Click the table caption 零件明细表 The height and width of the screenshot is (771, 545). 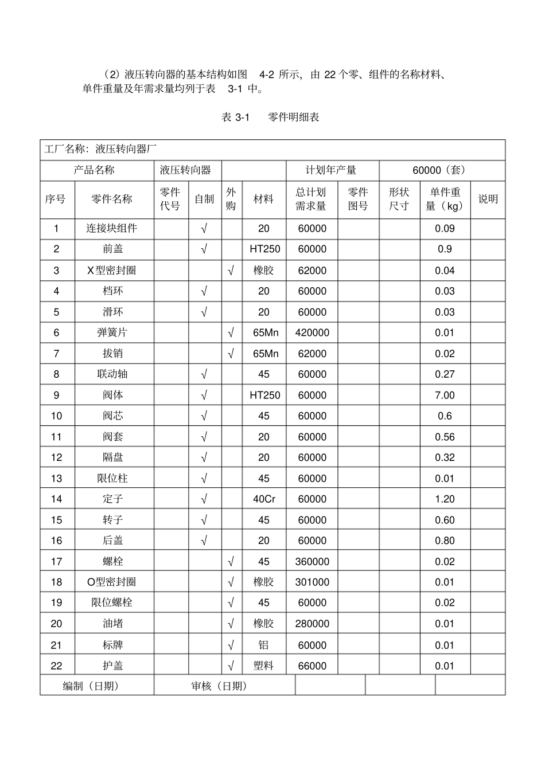(293, 117)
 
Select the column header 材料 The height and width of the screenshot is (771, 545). (263, 199)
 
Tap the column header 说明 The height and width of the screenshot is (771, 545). (488, 199)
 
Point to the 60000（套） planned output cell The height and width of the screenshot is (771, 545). (442, 170)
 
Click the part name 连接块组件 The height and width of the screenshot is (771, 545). (112, 228)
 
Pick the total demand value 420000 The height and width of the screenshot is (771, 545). (312, 332)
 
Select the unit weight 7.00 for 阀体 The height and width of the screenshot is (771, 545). (445, 395)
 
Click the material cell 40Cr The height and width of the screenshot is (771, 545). (264, 499)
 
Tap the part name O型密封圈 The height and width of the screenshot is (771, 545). (112, 582)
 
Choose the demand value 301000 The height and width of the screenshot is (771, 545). (312, 582)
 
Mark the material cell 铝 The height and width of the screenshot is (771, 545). (263, 645)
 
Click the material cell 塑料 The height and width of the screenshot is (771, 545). (263, 666)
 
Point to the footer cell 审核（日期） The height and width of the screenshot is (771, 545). (219, 686)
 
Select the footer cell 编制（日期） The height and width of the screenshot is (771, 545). (91, 686)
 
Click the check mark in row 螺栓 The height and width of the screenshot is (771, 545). (231, 561)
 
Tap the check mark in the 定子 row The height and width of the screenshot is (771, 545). (204, 499)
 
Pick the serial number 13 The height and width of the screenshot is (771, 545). (56, 478)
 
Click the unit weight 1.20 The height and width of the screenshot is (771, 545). (445, 499)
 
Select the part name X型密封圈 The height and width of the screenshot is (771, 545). (112, 270)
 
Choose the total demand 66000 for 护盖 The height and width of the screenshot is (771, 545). (312, 666)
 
